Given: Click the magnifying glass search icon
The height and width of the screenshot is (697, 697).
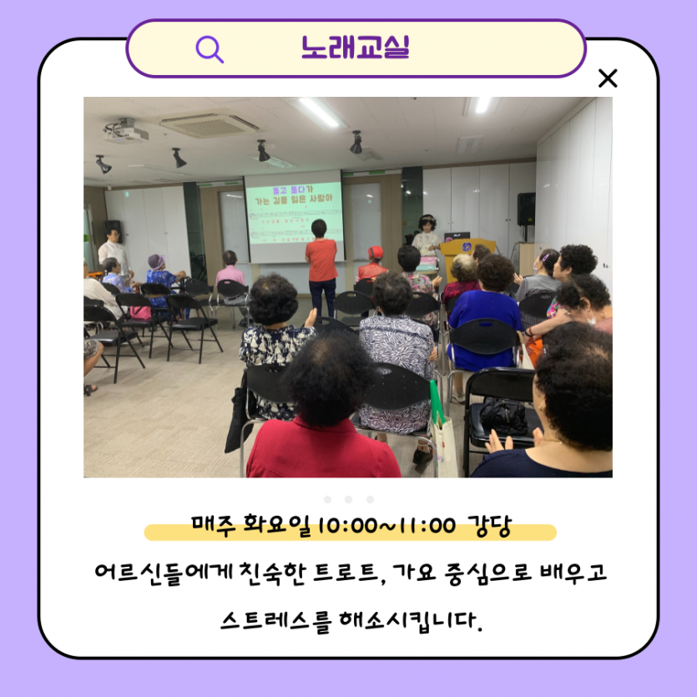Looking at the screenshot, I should click(x=210, y=48).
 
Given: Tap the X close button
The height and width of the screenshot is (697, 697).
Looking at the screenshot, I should click(x=608, y=78).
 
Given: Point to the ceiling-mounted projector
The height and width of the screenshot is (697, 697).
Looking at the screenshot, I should click(x=125, y=130).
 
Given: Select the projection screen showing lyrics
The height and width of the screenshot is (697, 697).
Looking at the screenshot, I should click(x=294, y=215).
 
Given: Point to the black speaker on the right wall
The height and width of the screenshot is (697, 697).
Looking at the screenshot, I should click(x=526, y=209).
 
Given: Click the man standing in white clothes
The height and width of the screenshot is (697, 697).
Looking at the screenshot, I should click(x=114, y=250).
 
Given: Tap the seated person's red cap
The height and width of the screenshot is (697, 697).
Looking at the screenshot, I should click(x=376, y=252).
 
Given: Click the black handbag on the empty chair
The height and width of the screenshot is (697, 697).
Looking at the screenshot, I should click(x=503, y=415).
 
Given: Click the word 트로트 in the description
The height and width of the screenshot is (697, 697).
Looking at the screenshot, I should click(x=348, y=575).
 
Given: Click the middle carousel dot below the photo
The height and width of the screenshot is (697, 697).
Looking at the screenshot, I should click(x=348, y=499).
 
